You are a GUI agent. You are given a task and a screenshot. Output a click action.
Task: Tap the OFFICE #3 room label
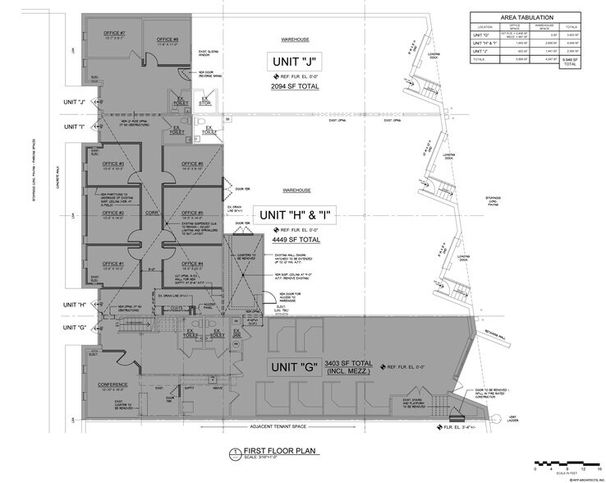click(114, 164)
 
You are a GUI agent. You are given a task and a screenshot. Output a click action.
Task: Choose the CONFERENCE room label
click(112, 385)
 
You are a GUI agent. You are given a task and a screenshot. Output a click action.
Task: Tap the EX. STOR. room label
click(207, 101)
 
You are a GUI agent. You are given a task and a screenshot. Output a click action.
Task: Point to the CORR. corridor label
click(151, 212)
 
